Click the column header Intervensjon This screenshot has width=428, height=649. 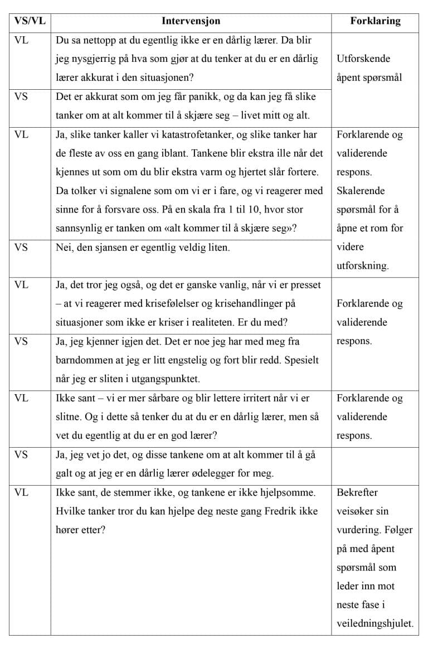click(191, 21)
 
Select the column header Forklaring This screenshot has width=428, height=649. click(375, 21)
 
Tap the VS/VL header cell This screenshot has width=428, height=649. click(30, 21)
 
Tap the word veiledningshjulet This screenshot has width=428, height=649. click(374, 624)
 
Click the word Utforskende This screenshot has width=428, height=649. click(363, 59)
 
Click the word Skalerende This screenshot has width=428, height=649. click(361, 191)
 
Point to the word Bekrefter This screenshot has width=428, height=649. click(357, 492)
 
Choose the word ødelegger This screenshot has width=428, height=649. click(221, 473)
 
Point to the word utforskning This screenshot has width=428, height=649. click(362, 266)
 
